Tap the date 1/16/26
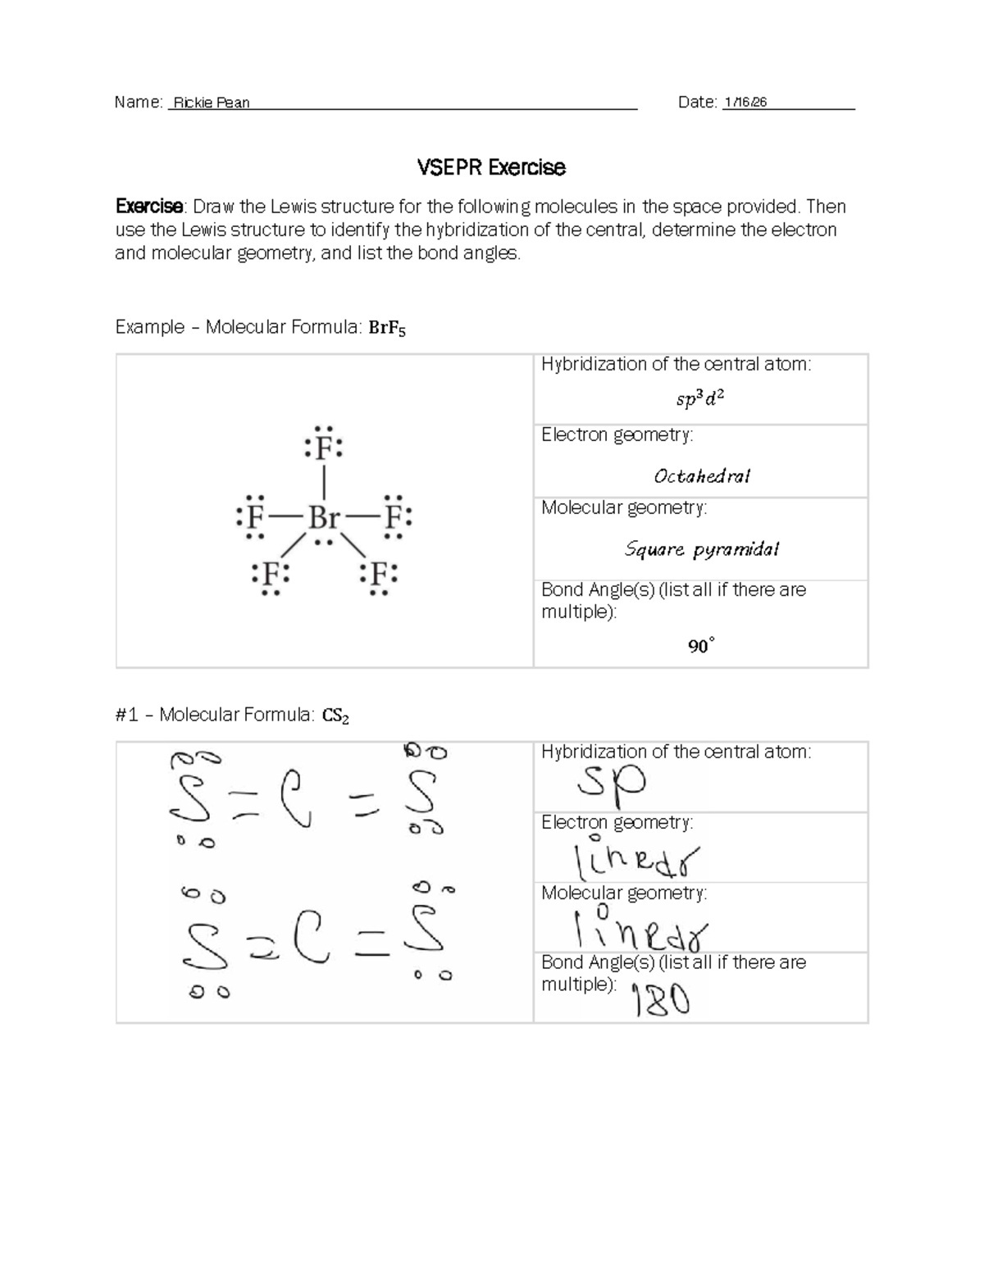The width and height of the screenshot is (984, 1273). [745, 102]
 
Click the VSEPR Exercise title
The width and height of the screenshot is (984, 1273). [491, 168]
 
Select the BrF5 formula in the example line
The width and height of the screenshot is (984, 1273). [387, 329]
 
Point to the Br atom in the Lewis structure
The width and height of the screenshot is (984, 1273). [324, 518]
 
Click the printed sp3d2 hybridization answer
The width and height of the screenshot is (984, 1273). [699, 399]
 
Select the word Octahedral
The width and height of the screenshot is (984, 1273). [701, 476]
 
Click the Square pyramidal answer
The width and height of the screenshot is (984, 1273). [701, 549]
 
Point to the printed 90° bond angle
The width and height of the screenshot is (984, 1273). [700, 647]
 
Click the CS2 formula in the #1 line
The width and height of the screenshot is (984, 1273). [335, 716]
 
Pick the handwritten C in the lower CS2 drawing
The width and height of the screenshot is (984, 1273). [312, 945]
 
